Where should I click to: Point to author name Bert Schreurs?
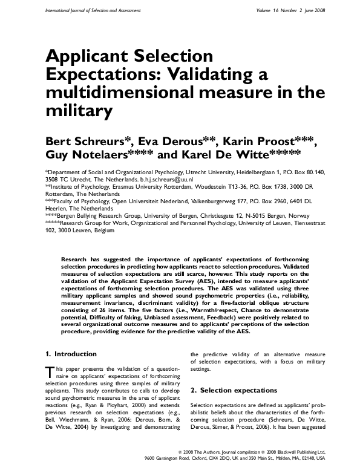click(x=85, y=142)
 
